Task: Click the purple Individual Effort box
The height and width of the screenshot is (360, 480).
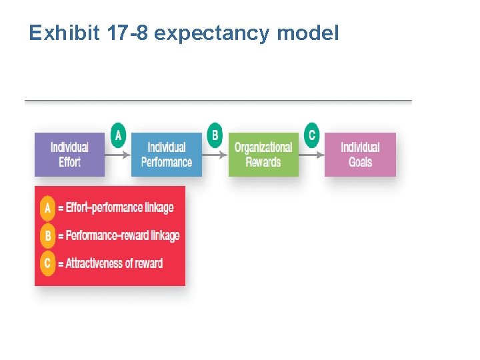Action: (69, 155)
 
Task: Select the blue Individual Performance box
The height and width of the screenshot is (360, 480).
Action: (166, 155)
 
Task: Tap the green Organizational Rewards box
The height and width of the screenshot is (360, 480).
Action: (263, 155)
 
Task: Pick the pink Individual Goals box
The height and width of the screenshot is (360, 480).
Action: (360, 155)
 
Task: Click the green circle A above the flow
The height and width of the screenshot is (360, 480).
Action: (118, 135)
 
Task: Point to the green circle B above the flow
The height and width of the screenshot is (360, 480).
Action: (215, 135)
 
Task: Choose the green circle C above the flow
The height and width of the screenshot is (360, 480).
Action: (311, 135)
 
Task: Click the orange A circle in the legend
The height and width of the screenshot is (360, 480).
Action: (47, 207)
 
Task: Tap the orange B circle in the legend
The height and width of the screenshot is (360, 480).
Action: (47, 235)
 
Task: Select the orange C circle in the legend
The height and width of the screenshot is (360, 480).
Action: (47, 263)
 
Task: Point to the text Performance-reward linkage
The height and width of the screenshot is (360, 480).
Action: (122, 235)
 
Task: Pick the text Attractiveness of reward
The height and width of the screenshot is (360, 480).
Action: (113, 263)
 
